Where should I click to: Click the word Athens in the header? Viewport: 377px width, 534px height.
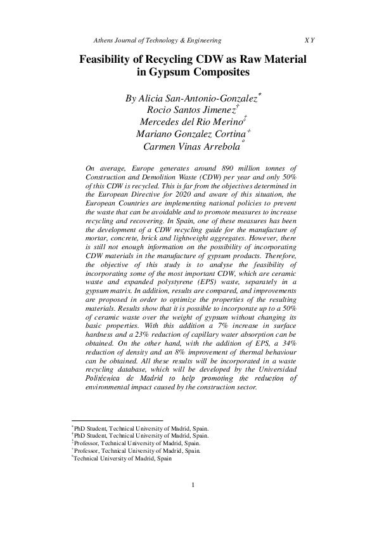pos(103,41)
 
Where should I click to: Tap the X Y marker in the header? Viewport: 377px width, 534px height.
pos(309,41)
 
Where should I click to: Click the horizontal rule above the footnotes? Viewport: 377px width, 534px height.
pos(117,420)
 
